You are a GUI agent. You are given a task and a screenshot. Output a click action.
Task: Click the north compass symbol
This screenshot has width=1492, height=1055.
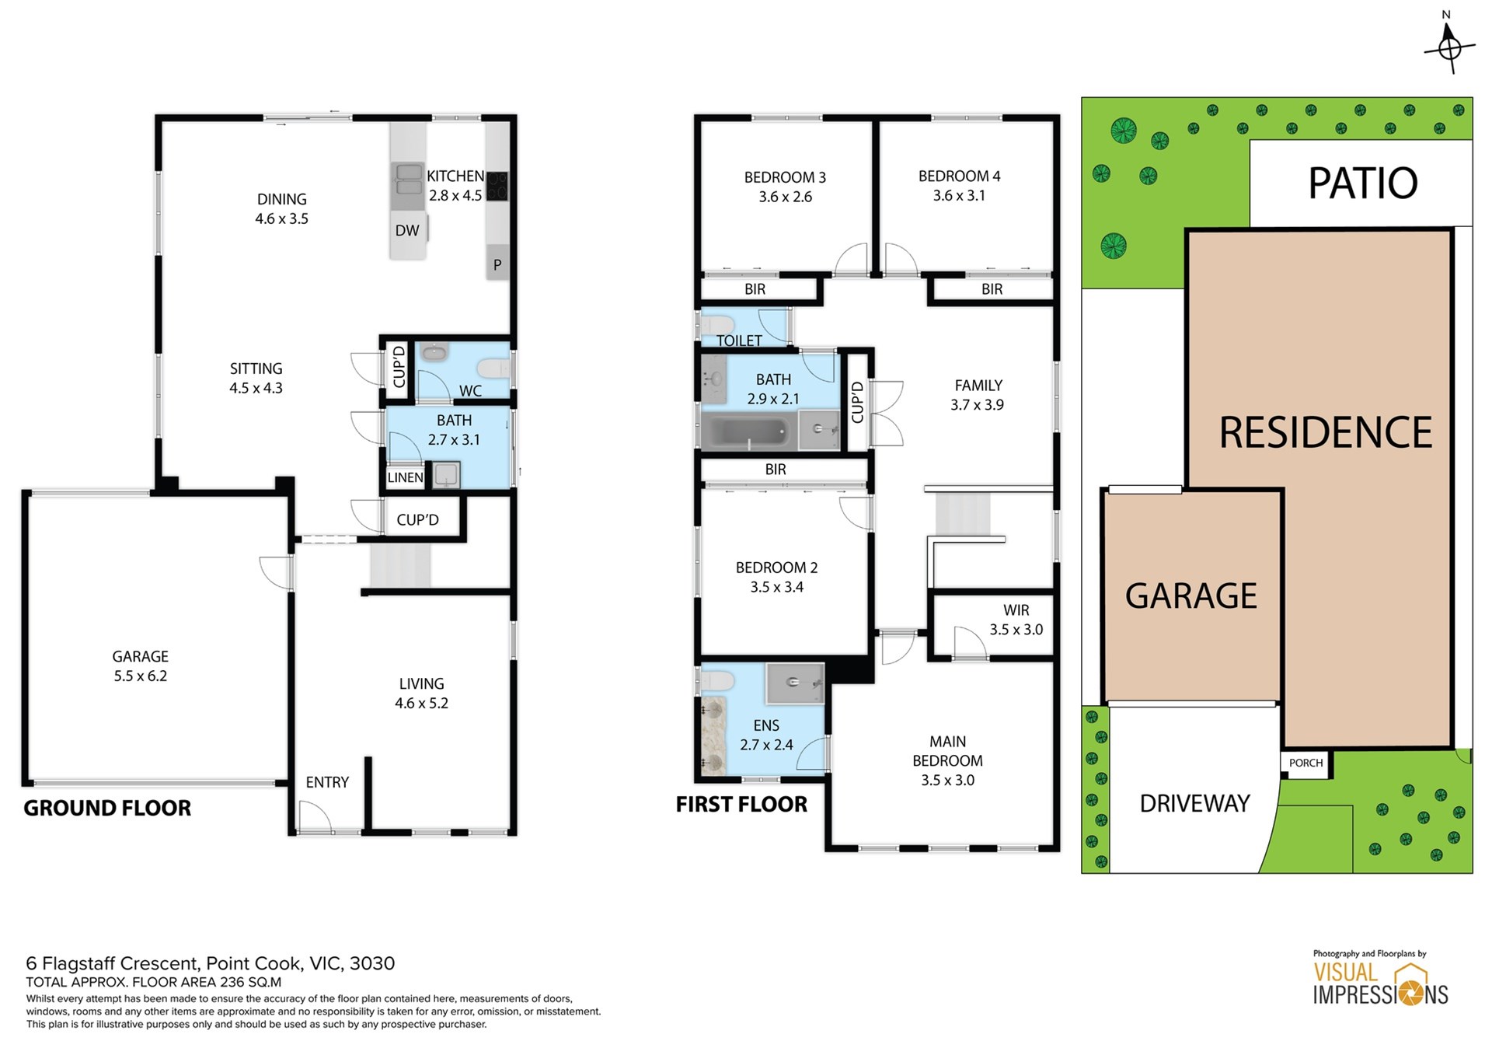tap(1449, 47)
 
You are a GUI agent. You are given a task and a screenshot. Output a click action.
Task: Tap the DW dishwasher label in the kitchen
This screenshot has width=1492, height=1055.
tap(407, 230)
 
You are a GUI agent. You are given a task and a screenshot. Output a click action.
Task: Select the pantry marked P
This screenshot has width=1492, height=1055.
tap(497, 264)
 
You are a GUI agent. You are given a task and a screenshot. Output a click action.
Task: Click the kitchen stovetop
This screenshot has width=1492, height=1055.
tap(497, 187)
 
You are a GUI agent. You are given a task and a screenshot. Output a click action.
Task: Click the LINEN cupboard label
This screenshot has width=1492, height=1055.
tap(406, 477)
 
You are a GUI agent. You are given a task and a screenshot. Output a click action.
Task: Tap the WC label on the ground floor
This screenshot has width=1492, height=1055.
tap(470, 391)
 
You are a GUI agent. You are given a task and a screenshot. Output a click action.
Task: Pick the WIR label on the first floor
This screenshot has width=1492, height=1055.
tap(1016, 610)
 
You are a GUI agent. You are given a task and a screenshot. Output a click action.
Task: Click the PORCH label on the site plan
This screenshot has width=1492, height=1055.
tap(1305, 763)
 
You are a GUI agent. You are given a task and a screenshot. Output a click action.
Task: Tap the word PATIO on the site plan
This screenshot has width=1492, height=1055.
tap(1363, 183)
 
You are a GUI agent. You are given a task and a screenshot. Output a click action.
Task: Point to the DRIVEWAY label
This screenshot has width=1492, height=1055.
tap(1194, 803)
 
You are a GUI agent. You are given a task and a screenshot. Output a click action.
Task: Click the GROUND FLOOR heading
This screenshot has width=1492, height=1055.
tap(107, 809)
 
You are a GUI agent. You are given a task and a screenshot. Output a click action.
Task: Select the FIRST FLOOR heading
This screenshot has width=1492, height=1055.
tap(741, 805)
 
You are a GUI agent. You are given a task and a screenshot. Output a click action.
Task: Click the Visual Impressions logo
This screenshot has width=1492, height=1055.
tap(1380, 977)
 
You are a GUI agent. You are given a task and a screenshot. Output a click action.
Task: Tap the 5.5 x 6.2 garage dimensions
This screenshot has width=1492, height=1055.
tap(141, 676)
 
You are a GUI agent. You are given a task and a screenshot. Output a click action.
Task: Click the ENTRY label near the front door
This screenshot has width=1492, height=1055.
tap(327, 782)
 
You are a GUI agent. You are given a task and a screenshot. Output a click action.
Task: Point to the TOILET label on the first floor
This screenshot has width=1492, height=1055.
tap(739, 341)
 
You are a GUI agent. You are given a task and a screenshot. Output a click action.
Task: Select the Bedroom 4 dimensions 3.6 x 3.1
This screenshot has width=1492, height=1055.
tap(959, 196)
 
